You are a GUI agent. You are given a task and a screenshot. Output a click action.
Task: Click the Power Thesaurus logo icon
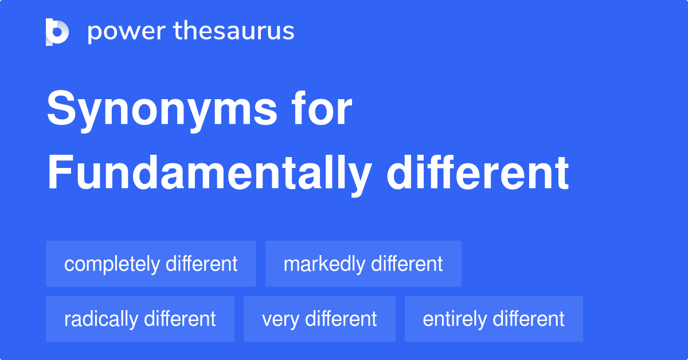[57, 32]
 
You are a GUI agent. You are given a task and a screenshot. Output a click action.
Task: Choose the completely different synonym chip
[151, 264]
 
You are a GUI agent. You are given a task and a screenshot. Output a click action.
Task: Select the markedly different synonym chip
[363, 264]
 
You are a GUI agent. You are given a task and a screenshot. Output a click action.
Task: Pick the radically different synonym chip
[140, 319]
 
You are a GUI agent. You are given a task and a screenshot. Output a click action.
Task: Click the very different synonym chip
[319, 319]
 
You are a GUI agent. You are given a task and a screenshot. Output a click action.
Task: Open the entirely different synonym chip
[494, 319]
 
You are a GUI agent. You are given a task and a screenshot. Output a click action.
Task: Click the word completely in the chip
[112, 264]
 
